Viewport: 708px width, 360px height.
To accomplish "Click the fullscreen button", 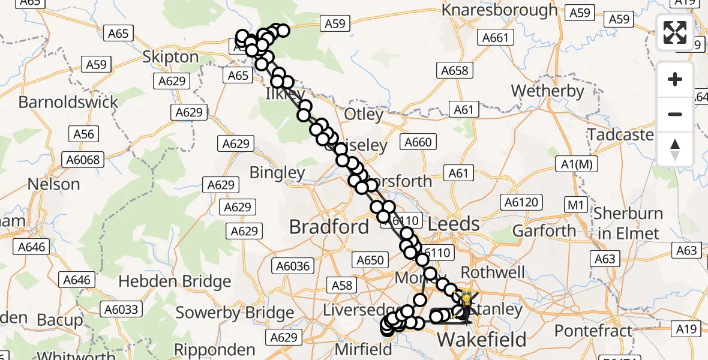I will pyautogui.click(x=675, y=32).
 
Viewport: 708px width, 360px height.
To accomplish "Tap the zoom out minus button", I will pyautogui.click(x=675, y=114).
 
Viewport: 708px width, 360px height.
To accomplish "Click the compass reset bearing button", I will pyautogui.click(x=675, y=149).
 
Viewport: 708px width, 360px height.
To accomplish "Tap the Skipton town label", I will pyautogui.click(x=170, y=57).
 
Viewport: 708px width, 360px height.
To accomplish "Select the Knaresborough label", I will pyautogui.click(x=500, y=10).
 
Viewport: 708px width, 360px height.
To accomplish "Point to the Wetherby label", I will pyautogui.click(x=547, y=91).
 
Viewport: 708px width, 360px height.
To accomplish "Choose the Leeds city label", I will pyautogui.click(x=454, y=224).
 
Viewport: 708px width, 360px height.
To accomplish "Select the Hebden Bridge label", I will pyautogui.click(x=175, y=281).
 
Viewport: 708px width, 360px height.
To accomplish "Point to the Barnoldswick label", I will pyautogui.click(x=68, y=102).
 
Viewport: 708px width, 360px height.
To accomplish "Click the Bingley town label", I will pyautogui.click(x=277, y=173).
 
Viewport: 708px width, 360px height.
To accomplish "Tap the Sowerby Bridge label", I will pyautogui.click(x=234, y=312).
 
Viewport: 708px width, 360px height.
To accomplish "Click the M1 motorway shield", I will pyautogui.click(x=576, y=206).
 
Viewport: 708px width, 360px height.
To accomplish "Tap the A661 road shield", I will pyautogui.click(x=496, y=38).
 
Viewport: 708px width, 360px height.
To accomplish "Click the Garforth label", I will pyautogui.click(x=544, y=231).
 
